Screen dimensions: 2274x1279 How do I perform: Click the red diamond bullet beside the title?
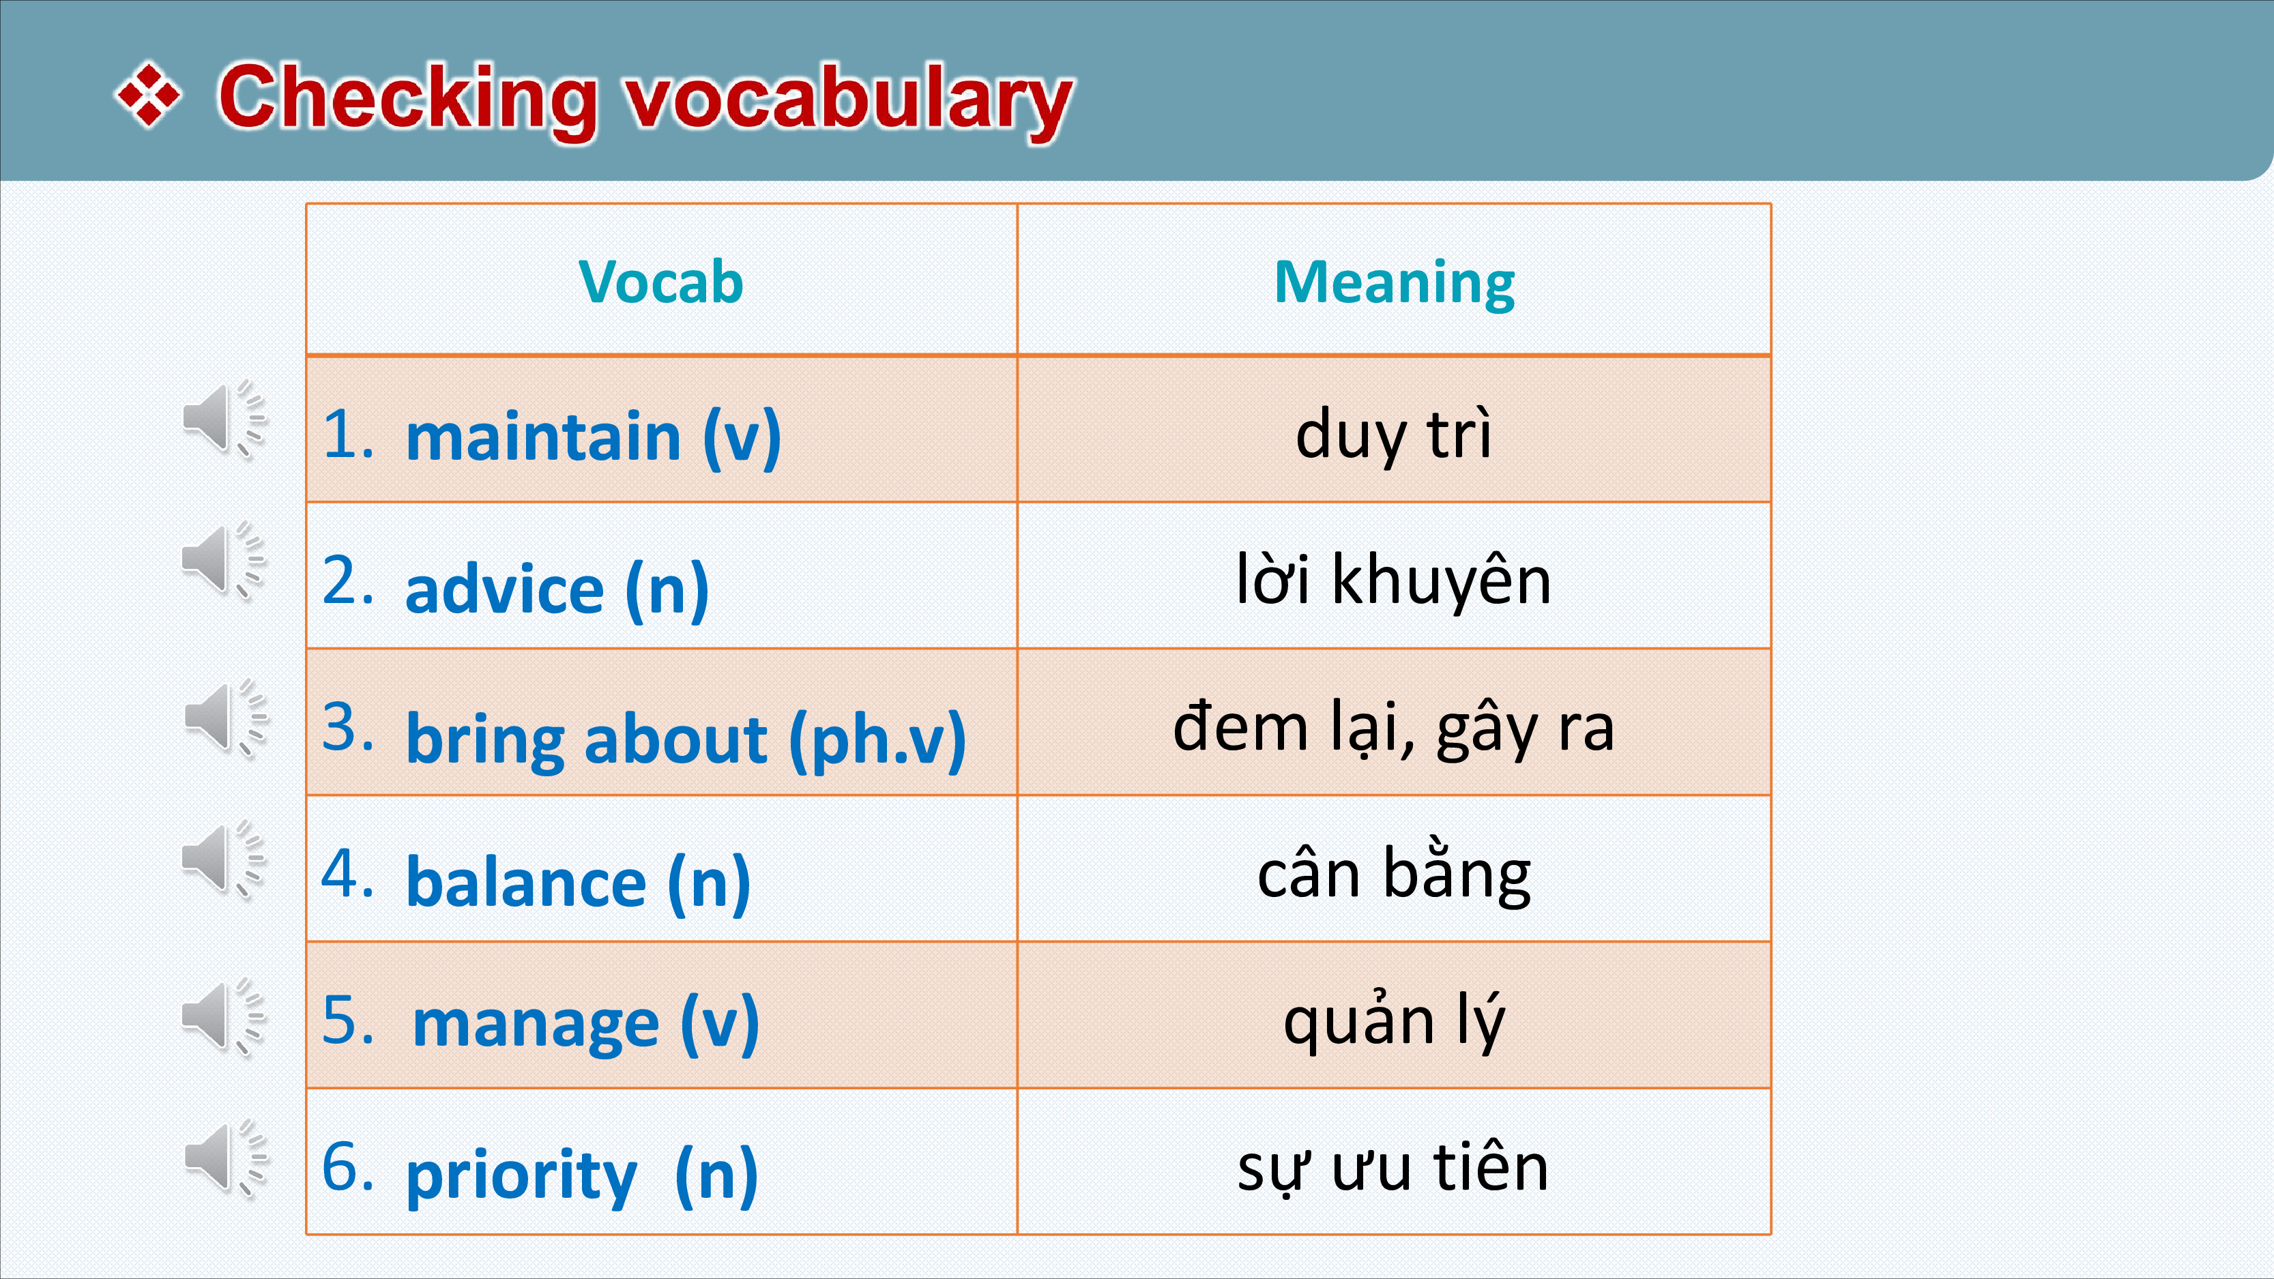click(148, 94)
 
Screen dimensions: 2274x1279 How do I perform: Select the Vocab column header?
click(661, 282)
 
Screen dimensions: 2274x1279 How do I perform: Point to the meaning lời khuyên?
click(1394, 579)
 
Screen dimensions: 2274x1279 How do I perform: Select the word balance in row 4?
click(526, 882)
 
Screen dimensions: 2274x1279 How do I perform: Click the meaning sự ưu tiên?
click(1394, 1167)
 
